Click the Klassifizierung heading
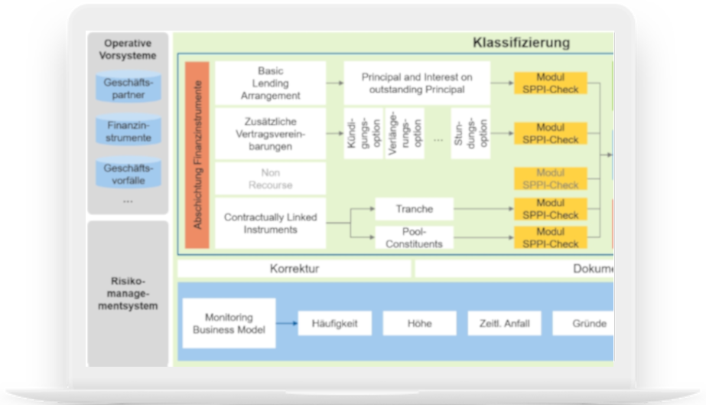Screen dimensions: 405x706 pos(521,43)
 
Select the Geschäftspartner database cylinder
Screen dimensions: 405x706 pos(128,88)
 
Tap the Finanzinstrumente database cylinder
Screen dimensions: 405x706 pos(128,131)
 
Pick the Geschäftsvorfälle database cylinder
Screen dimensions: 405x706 pos(128,174)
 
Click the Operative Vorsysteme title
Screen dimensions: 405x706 pos(128,49)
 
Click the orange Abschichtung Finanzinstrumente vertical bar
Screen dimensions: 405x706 pos(197,155)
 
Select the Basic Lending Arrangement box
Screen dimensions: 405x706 pos(270,83)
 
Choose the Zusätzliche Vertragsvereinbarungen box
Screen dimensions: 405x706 pos(270,133)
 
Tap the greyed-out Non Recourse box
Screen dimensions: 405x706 pos(270,179)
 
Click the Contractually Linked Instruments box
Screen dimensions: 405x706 pos(270,223)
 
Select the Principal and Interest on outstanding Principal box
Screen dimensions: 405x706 pos(416,83)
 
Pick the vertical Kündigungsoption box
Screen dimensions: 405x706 pos(363,133)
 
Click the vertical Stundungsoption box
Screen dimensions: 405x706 pos(470,133)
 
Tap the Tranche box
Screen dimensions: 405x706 pos(414,209)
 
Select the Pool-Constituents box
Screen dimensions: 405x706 pos(414,237)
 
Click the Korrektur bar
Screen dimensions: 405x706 pos(294,269)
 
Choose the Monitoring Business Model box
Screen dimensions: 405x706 pos(229,323)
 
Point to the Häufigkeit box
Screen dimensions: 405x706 pos(334,323)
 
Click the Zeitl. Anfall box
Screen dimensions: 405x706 pos(504,323)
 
